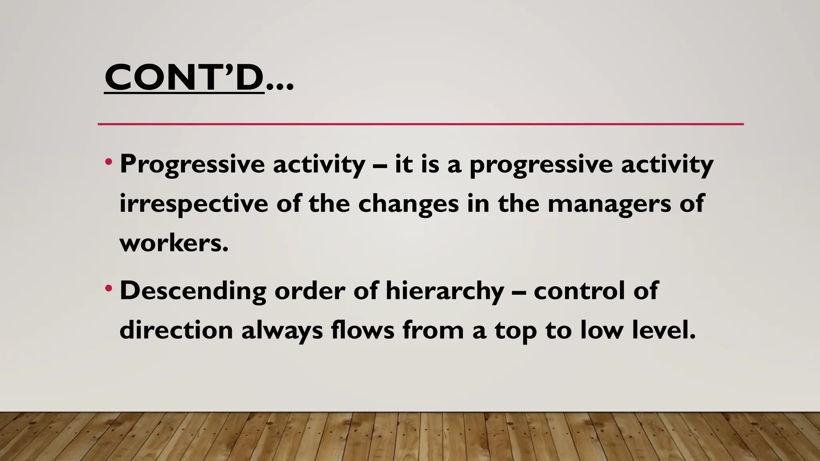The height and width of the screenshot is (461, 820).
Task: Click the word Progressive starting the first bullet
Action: tap(192, 164)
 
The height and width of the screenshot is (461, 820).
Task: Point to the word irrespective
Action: tap(193, 204)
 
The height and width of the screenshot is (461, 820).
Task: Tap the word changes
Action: tap(408, 204)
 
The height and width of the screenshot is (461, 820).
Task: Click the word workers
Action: tap(174, 243)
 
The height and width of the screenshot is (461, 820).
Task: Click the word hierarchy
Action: tap(444, 291)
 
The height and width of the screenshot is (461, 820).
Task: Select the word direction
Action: tap(176, 330)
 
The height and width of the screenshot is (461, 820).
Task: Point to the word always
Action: tap(282, 331)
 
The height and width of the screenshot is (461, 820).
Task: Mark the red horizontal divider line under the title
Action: tap(420, 124)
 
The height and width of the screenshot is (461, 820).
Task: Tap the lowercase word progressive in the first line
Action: tap(541, 165)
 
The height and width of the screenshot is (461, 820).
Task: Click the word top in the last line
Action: tap(515, 331)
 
